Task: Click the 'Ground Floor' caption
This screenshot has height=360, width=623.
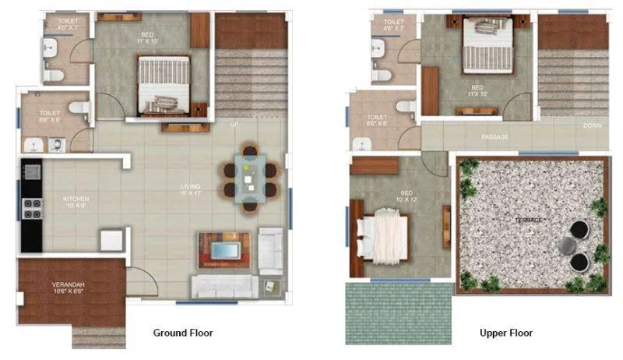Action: pos(184,333)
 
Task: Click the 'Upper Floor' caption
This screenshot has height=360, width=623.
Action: pos(506,333)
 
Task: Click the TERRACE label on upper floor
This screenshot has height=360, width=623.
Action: pos(530,221)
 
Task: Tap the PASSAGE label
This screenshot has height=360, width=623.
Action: pos(495,137)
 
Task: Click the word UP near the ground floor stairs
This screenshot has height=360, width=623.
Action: pos(234,125)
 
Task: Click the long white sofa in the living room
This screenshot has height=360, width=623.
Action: pos(224,286)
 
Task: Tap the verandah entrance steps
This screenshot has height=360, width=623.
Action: pos(98,337)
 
